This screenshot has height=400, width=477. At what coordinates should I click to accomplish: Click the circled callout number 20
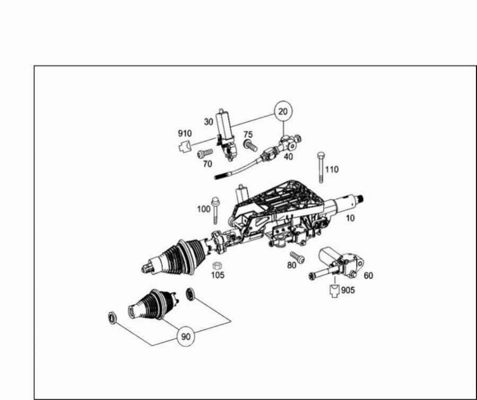[x=283, y=111]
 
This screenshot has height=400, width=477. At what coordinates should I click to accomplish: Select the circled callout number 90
[x=186, y=336]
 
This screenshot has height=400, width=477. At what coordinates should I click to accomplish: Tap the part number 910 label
[x=185, y=134]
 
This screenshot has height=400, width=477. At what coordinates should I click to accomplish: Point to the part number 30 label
[x=209, y=122]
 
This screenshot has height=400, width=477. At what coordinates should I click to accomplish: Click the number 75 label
[x=248, y=134]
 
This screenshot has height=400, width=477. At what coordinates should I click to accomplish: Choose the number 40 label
[x=289, y=156]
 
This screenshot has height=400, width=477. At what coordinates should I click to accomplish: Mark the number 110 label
[x=332, y=169]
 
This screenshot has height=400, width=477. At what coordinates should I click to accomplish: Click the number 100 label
[x=204, y=209]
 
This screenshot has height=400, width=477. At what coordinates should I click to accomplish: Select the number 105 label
[x=218, y=275]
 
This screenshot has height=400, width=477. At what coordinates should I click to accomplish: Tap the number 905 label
[x=348, y=290]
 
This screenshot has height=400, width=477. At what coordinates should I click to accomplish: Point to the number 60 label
[x=368, y=275]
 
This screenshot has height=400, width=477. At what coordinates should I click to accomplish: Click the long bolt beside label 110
[x=320, y=167]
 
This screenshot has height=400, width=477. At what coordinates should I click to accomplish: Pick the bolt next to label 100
[x=215, y=211]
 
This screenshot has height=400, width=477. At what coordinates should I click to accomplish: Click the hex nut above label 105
[x=216, y=265]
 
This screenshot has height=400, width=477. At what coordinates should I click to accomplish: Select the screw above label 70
[x=205, y=153]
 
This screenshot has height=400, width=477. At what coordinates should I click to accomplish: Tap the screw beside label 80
[x=297, y=257]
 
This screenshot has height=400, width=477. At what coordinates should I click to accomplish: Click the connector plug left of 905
[x=334, y=291]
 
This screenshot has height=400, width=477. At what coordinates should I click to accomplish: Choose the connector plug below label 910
[x=184, y=146]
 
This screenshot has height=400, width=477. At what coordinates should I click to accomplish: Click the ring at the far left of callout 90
[x=112, y=318]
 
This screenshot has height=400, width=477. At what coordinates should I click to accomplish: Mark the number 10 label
[x=350, y=218]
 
